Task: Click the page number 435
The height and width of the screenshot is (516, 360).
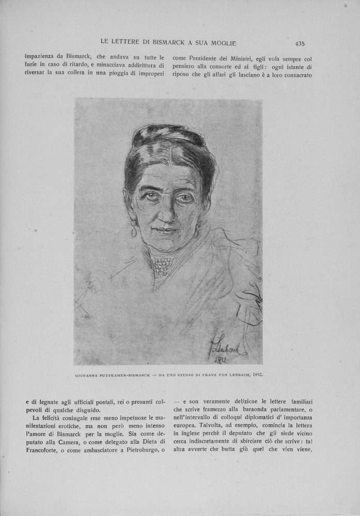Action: pos(300,43)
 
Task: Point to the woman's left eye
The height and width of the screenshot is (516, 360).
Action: pos(184,198)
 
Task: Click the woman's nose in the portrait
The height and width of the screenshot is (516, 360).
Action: pos(166,213)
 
